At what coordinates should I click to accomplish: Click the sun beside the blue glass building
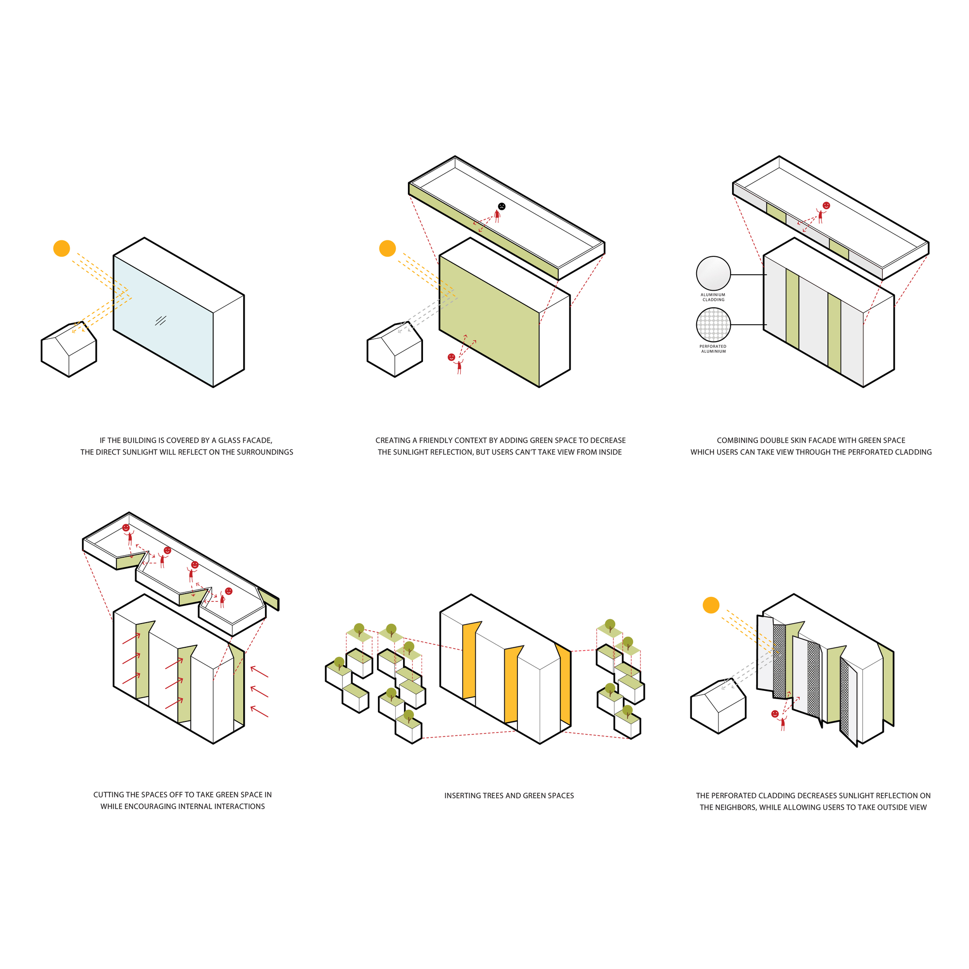tap(62, 248)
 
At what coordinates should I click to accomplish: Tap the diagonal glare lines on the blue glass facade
tap(160, 320)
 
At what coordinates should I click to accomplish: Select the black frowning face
tap(501, 206)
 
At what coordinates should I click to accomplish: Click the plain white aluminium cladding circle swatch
tap(713, 273)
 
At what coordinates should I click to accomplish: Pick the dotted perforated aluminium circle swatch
tap(713, 325)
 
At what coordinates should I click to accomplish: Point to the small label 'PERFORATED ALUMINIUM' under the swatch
tap(713, 349)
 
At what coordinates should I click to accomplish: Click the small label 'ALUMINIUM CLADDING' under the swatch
tap(713, 297)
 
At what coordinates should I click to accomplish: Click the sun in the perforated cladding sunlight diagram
tap(711, 605)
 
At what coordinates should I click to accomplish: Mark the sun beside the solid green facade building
tap(388, 248)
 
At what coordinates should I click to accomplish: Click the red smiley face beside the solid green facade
tap(452, 357)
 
